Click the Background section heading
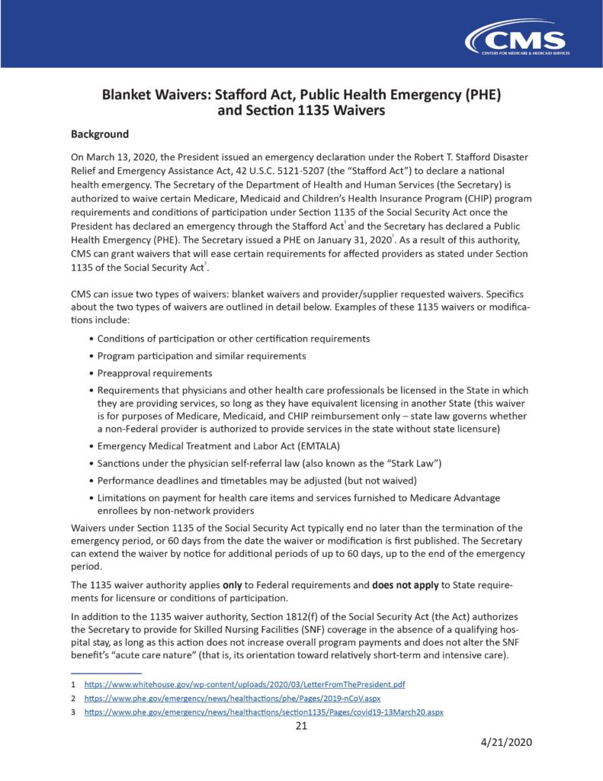[x=100, y=134]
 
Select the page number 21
[x=301, y=725]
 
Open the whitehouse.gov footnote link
[x=244, y=684]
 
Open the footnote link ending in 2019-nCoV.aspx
[x=232, y=698]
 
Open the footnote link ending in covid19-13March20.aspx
[x=263, y=712]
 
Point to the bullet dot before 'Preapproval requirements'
[x=92, y=373]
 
